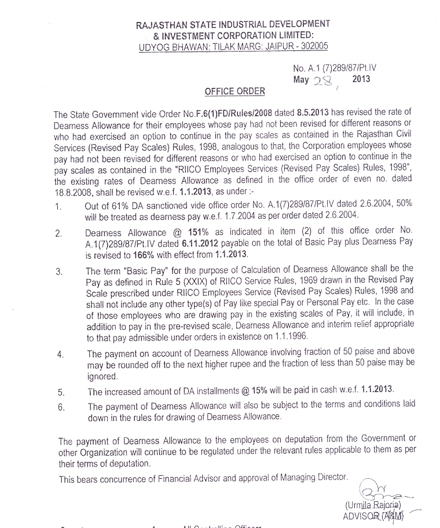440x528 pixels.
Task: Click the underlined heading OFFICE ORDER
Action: coord(235,91)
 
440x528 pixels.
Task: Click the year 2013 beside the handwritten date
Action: coord(361,79)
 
